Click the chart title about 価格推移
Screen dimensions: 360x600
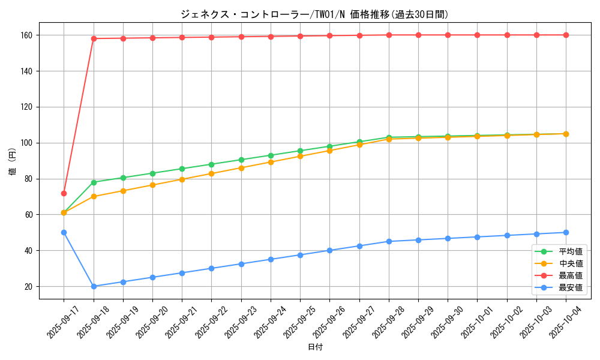point(314,14)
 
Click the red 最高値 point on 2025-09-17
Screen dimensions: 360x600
point(64,193)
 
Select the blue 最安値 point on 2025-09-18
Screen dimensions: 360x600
point(94,286)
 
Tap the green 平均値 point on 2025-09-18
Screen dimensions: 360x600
point(94,182)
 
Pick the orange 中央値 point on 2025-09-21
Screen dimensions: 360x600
point(182,179)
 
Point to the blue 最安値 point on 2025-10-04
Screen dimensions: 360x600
point(566,232)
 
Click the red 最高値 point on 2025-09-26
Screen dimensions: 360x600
point(329,35)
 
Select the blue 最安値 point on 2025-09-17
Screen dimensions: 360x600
point(64,232)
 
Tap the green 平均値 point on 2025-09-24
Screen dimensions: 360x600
point(271,155)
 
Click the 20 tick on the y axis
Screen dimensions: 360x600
point(29,286)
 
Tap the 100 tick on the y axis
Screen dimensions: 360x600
point(28,143)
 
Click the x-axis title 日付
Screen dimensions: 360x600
point(315,347)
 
